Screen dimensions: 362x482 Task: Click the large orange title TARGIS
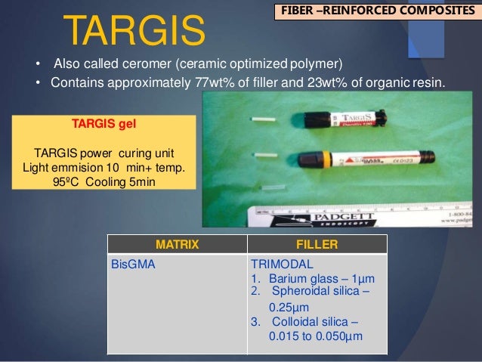(x=134, y=29)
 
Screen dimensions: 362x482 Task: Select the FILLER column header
(x=317, y=244)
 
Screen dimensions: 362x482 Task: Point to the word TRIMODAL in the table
(x=278, y=265)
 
